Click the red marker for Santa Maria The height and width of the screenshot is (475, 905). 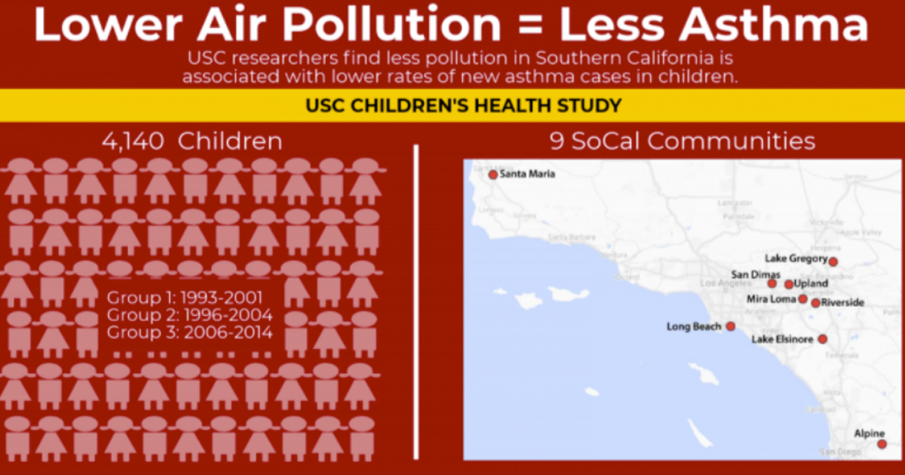click(x=493, y=174)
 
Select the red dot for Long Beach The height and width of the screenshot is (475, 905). click(x=730, y=326)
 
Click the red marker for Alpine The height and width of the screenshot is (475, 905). click(x=882, y=444)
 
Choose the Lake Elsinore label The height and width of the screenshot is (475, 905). click(x=783, y=340)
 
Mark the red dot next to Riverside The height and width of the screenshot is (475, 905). click(x=815, y=303)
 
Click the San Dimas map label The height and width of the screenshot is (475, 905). click(x=750, y=274)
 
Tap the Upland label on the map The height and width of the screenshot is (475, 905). click(x=811, y=284)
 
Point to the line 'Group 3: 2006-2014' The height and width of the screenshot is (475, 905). click(x=189, y=332)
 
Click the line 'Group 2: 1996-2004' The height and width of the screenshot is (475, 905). click(x=189, y=314)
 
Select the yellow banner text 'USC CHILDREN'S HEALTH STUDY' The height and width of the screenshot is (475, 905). click(x=464, y=105)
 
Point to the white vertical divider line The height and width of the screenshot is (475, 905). click(x=416, y=302)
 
